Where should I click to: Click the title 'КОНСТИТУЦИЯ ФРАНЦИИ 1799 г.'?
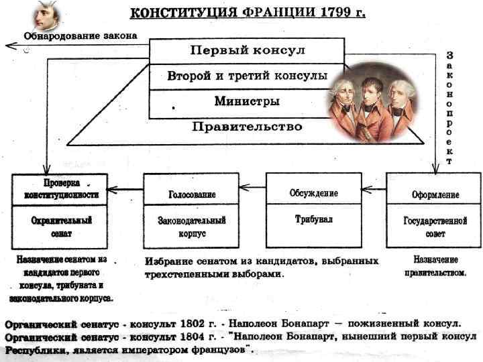[247, 13]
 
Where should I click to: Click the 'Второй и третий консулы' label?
[247, 76]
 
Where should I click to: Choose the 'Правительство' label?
[247, 126]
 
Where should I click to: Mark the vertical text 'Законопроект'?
[449, 107]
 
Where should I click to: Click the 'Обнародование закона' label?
[80, 35]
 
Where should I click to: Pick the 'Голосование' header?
[192, 194]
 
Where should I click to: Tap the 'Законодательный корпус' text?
[192, 227]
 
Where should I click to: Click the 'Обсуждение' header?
[313, 193]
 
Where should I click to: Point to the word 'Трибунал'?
[313, 219]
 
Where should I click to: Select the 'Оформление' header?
[435, 194]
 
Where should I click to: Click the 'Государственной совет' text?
[435, 227]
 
